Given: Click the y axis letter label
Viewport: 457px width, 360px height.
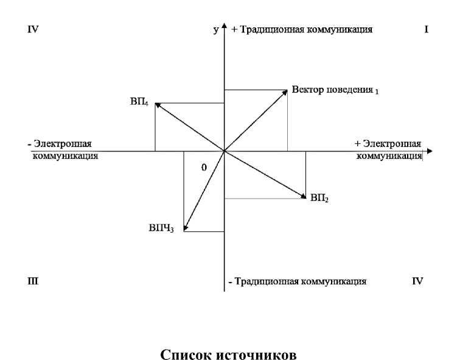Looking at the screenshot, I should coord(215,29).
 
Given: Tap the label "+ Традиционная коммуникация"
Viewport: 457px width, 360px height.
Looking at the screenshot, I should coord(302,29).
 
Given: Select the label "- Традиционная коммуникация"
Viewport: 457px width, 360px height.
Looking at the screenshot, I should coord(297,281).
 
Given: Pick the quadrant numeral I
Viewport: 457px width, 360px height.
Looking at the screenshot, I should coord(427,29).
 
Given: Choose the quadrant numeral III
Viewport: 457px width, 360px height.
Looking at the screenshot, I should coord(33,281).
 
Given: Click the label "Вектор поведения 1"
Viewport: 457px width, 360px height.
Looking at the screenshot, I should coord(335,90).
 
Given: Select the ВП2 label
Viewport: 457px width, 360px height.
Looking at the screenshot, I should coord(319,198).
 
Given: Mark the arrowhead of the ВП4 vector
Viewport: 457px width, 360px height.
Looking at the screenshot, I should coord(158,105).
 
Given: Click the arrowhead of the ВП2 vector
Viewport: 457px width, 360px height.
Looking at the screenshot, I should coord(302,196).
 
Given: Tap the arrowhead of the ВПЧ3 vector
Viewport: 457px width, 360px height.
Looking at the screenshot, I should coord(185,229).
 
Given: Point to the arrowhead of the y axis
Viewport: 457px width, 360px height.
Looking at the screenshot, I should coord(225,28).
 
